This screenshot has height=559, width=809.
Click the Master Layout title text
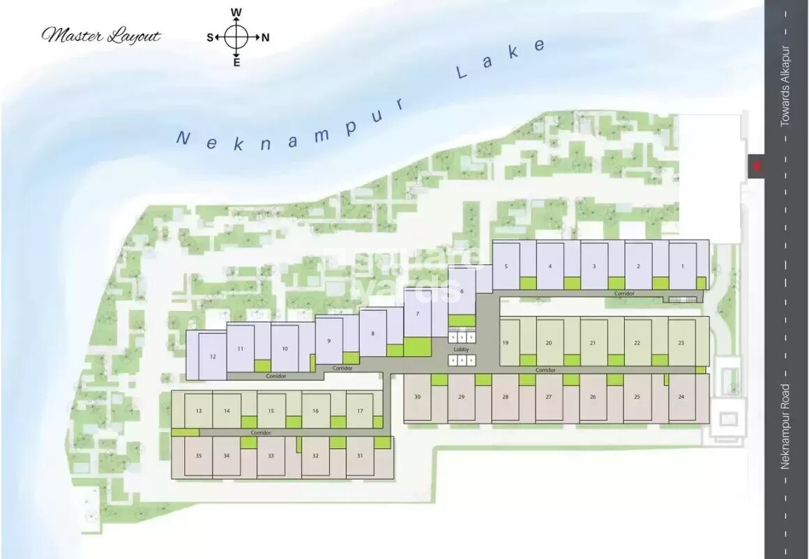point(102,36)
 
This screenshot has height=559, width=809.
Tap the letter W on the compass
point(236,13)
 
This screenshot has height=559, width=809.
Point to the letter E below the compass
point(236,63)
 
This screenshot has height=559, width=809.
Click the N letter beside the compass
point(265,38)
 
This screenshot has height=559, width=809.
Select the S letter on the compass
point(210,38)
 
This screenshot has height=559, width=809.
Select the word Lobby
point(461,349)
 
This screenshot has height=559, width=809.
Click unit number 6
point(462,291)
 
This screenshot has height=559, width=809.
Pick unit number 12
point(213,356)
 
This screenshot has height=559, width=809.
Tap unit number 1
point(683,266)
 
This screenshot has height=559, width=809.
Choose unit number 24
point(681,397)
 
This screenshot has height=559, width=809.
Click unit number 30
point(417,397)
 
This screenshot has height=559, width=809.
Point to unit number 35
point(199,455)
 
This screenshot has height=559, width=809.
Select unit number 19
point(505,343)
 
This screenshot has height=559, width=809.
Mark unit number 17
point(360,411)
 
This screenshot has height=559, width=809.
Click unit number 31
point(360,455)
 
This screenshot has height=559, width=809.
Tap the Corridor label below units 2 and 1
point(624,294)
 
